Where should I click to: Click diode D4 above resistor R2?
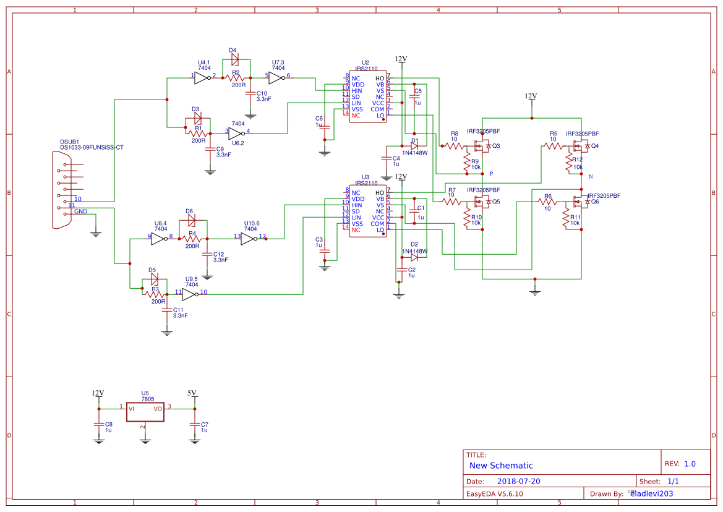pyautogui.click(x=234, y=60)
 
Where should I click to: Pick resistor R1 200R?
pyautogui.click(x=198, y=133)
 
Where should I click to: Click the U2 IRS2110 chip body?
pyautogui.click(x=367, y=96)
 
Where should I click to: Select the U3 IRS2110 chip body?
pyautogui.click(x=367, y=211)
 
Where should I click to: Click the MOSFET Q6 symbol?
pyautogui.click(x=580, y=202)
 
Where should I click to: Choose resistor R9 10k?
pyautogui.click(x=466, y=162)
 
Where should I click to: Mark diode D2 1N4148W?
pyautogui.click(x=414, y=258)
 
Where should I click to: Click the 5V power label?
pyautogui.click(x=192, y=393)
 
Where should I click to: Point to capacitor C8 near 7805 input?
pyautogui.click(x=98, y=424)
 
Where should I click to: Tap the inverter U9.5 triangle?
pyautogui.click(x=189, y=294)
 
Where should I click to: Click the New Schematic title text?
pyautogui.click(x=501, y=466)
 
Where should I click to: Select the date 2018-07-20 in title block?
pyautogui.click(x=518, y=481)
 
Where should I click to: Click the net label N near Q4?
pyautogui.click(x=591, y=177)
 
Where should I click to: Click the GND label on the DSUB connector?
pyautogui.click(x=80, y=211)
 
